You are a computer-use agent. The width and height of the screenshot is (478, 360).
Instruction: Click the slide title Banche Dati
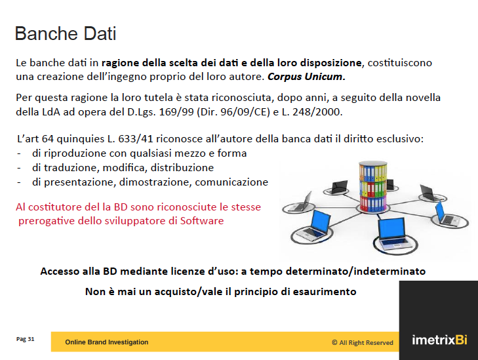tap(66, 33)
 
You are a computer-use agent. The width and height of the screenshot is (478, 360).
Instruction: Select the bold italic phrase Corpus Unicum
tap(306, 77)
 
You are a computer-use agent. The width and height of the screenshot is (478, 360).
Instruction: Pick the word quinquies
tap(81, 139)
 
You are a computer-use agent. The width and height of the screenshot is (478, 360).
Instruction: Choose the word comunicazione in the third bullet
tap(231, 182)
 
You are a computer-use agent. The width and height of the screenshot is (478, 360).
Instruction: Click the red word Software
tap(202, 221)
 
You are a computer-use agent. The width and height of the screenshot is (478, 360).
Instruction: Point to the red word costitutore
tap(55, 207)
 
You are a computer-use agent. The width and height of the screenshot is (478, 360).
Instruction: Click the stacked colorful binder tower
tap(373, 187)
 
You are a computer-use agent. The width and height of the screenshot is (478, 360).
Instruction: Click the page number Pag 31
tap(26, 339)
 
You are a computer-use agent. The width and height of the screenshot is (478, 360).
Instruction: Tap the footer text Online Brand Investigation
tap(107, 342)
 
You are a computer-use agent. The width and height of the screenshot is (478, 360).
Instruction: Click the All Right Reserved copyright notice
tap(363, 343)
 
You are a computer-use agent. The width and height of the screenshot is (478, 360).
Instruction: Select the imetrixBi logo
tap(439, 340)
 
